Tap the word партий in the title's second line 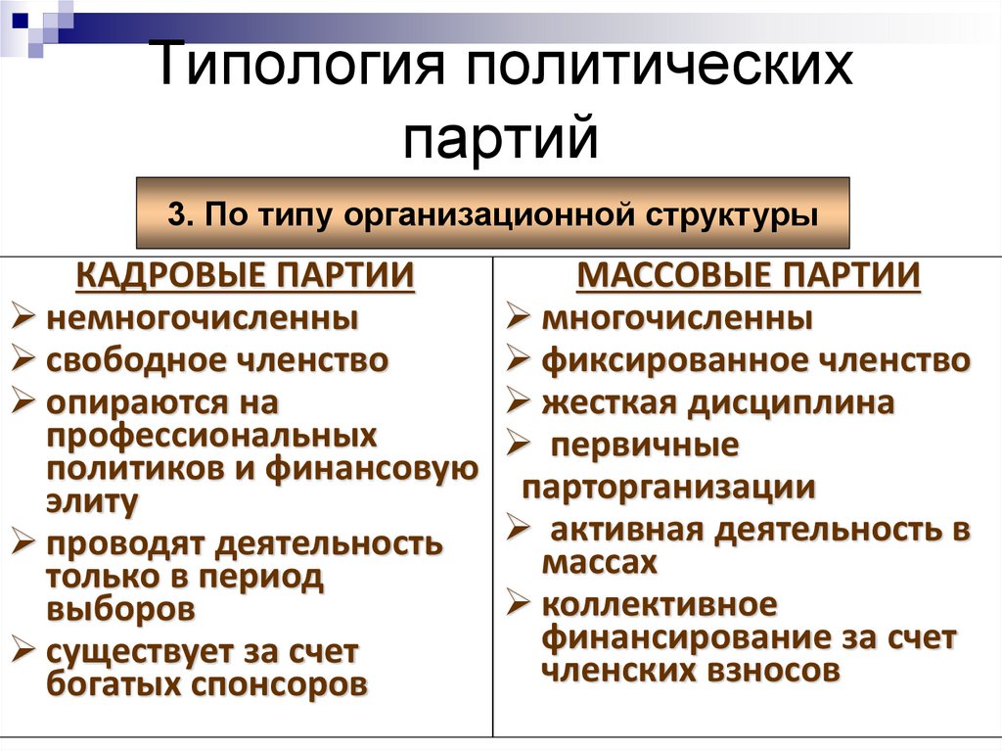[x=500, y=138]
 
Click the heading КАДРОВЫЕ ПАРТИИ [x=245, y=276]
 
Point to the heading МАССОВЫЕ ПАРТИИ [x=749, y=276]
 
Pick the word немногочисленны [x=202, y=318]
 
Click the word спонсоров [x=283, y=684]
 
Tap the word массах [x=597, y=563]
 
